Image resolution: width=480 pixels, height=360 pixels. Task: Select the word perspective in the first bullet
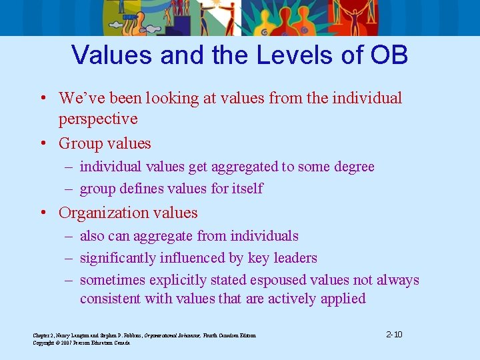click(x=98, y=119)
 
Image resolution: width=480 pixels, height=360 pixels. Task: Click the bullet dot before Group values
click(x=42, y=144)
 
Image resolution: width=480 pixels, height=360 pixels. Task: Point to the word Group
click(x=81, y=143)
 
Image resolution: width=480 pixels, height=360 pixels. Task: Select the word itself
click(x=245, y=189)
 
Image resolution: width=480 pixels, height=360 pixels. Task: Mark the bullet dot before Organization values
click(x=42, y=213)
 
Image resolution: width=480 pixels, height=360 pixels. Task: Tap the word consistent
click(x=110, y=299)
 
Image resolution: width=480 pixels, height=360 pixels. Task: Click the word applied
click(x=343, y=299)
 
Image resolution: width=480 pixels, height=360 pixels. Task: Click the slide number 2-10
click(x=394, y=334)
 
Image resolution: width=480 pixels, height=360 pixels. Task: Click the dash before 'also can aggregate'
click(x=69, y=236)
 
